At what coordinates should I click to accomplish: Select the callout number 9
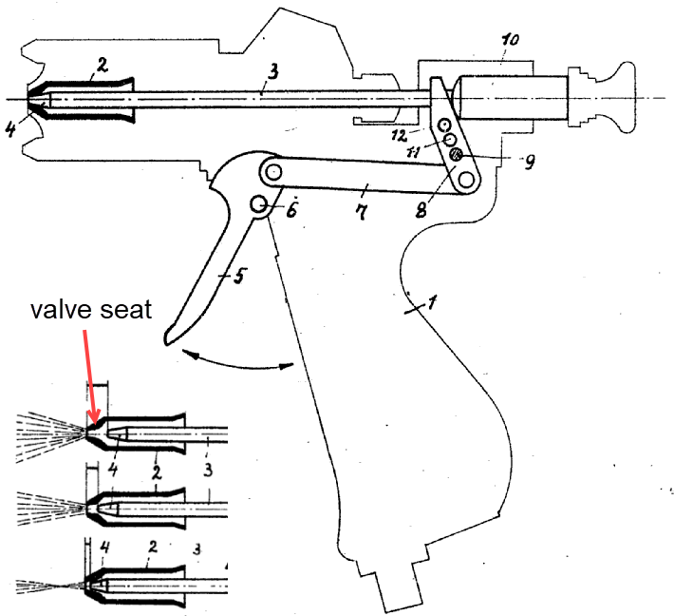click(528, 162)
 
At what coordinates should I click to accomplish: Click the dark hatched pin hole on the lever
click(456, 154)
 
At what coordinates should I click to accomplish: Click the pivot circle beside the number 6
click(258, 203)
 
